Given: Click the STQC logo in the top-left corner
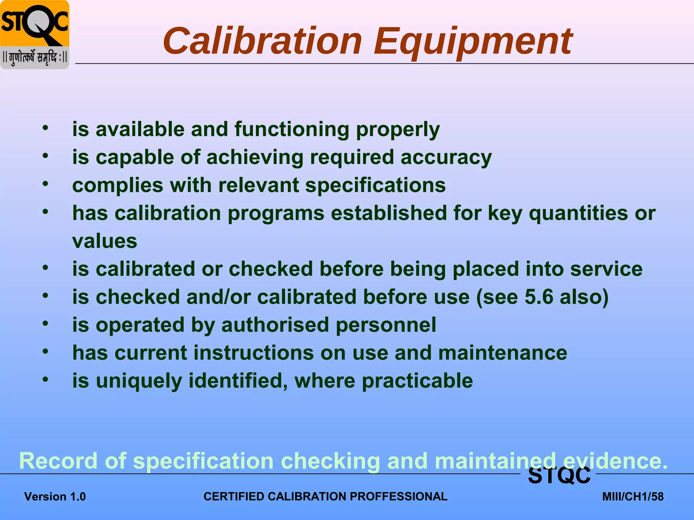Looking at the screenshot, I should pos(35,35).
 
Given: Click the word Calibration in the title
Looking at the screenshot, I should pos(263,41).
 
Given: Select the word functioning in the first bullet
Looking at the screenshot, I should pos(292,129).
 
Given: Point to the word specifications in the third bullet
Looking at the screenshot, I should pos(375,186).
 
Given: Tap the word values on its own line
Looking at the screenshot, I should pos(105,241).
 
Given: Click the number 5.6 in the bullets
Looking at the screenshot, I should pos(539,297).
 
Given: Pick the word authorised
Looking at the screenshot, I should pos(275,325).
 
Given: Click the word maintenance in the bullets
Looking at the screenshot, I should pos(503,353).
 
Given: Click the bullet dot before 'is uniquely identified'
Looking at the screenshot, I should pos(45,379).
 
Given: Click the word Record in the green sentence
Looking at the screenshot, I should pos(58,461).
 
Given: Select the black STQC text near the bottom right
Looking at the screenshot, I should pos(559,476).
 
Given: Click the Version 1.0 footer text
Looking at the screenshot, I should pos(55,497).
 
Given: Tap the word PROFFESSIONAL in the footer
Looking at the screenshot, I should pos(399,497).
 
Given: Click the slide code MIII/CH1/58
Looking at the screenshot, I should pos(633,497).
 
